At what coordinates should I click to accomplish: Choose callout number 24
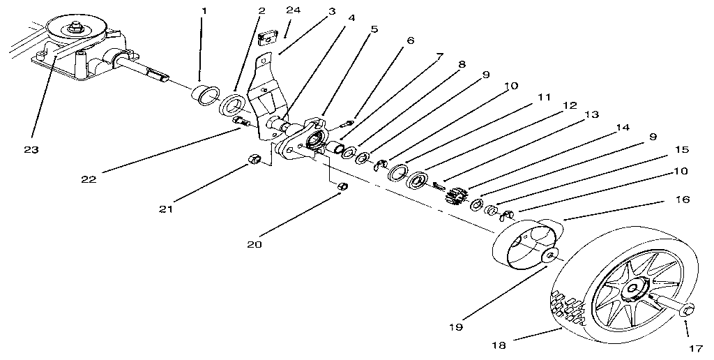[292, 11]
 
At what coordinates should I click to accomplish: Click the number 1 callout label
[204, 11]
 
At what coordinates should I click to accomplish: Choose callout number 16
[682, 200]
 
